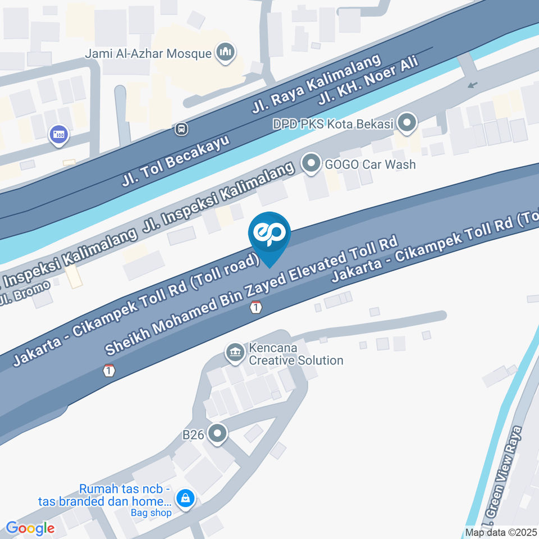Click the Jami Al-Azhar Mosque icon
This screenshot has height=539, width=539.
click(x=226, y=53)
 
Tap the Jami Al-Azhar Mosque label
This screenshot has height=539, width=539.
click(x=148, y=54)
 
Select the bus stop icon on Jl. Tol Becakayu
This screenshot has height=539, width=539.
click(x=181, y=129)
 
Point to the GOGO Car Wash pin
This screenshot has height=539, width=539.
click(x=309, y=164)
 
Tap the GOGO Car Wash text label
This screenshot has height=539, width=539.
click(x=371, y=165)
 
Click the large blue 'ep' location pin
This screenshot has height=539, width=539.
click(x=270, y=235)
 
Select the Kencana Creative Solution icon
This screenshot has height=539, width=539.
click(x=235, y=353)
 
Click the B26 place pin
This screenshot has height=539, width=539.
click(x=217, y=433)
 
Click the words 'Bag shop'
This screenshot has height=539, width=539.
click(x=151, y=512)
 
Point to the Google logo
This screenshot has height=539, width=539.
click(x=30, y=528)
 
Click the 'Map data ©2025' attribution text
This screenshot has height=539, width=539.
click(x=501, y=532)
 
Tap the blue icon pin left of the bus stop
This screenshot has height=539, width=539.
click(x=58, y=134)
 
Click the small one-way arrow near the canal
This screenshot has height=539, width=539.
click(x=473, y=85)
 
